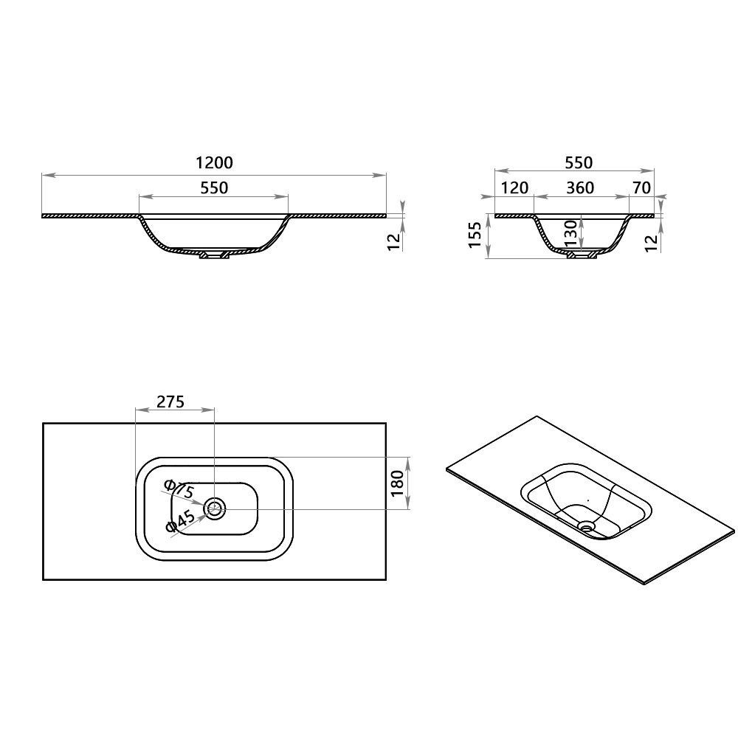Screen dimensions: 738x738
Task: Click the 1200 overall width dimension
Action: pyautogui.click(x=214, y=163)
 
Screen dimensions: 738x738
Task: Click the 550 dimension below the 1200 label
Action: pyautogui.click(x=214, y=188)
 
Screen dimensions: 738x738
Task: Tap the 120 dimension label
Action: pyautogui.click(x=514, y=188)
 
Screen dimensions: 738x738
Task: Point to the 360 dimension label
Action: pyautogui.click(x=580, y=188)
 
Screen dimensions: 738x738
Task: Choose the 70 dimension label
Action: pyautogui.click(x=641, y=188)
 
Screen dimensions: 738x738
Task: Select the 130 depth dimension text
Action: pyautogui.click(x=570, y=235)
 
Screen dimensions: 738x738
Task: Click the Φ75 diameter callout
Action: pyautogui.click(x=179, y=489)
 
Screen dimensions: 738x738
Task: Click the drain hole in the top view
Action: pyautogui.click(x=214, y=508)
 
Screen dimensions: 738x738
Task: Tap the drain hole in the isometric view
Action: pyautogui.click(x=587, y=525)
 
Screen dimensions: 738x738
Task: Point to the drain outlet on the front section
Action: pyautogui.click(x=214, y=255)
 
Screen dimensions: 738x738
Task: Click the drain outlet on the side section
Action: pyautogui.click(x=581, y=255)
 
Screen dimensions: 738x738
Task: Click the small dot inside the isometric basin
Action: pyautogui.click(x=587, y=500)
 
